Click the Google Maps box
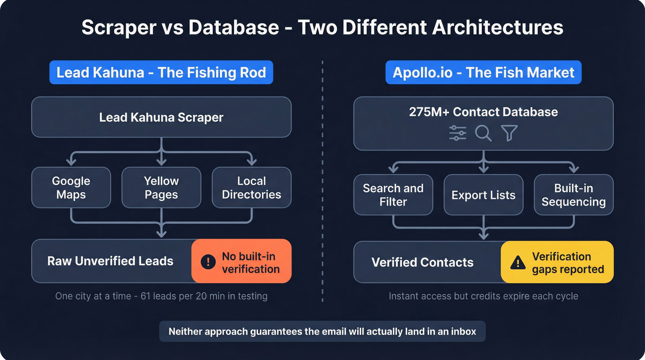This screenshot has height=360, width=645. pos(71,188)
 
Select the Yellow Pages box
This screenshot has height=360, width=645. pos(161,188)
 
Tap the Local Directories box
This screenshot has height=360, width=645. pos(252,188)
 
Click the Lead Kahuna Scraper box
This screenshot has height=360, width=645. pos(161,117)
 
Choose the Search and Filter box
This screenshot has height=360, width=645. pos(393,195)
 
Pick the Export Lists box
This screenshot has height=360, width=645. pos(483,195)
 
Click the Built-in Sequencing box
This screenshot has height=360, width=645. pos(574,195)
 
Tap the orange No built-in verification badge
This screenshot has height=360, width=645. pos(241,261)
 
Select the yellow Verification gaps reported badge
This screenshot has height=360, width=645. pos(557,262)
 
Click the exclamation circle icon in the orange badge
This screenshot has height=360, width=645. pos(208,262)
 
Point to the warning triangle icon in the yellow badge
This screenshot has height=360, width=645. pos(518,263)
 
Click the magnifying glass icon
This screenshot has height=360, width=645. pos(483,133)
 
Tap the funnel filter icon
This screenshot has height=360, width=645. pos(509,133)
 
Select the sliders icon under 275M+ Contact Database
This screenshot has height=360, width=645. pos(457,133)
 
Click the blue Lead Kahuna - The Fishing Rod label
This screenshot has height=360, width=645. pos(161,73)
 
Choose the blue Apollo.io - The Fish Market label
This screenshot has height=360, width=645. pos(483,73)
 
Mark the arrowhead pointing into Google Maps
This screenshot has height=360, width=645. pos(71,161)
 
